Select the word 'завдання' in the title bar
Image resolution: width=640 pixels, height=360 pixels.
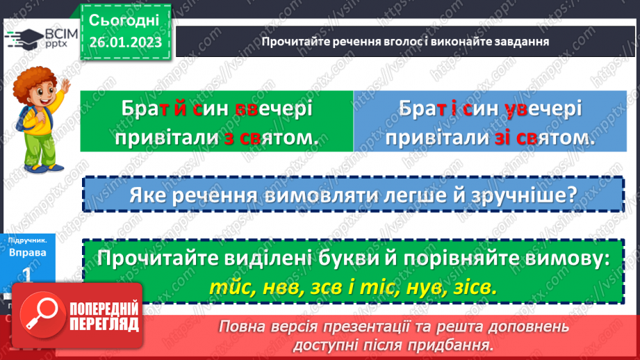518,41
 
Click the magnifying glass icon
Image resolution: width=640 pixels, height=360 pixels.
42,315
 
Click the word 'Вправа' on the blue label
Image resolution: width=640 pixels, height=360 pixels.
28,253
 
